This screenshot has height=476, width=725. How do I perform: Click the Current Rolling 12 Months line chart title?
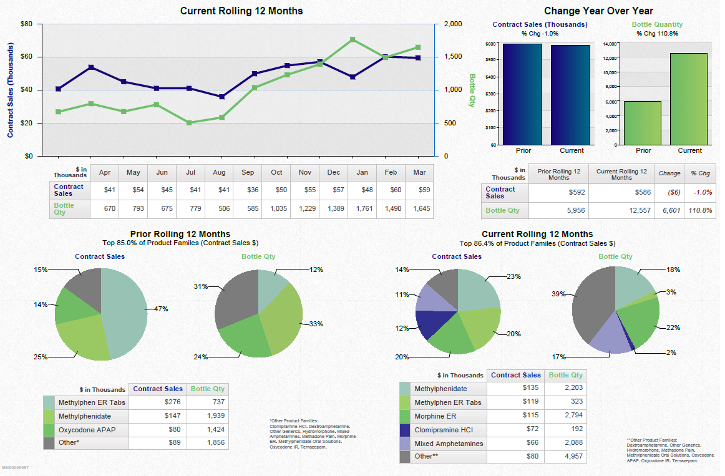tap(241, 11)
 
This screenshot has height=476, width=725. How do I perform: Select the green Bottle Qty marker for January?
tap(353, 39)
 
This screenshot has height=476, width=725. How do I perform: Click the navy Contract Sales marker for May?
tap(91, 67)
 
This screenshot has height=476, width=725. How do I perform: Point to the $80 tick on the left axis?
tap(27, 24)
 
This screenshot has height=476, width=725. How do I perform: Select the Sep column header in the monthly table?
tap(248, 172)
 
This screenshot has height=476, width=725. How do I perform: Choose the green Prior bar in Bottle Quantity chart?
tap(643, 123)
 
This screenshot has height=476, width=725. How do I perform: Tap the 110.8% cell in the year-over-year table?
tap(700, 210)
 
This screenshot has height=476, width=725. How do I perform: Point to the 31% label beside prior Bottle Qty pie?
tap(200, 287)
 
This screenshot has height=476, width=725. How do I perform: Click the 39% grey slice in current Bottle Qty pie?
tap(590, 306)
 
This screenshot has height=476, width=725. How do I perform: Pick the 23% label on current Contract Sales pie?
tap(513, 276)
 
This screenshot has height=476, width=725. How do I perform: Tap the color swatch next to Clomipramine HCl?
tap(405, 429)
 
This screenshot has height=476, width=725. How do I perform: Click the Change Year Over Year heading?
tap(598, 11)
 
